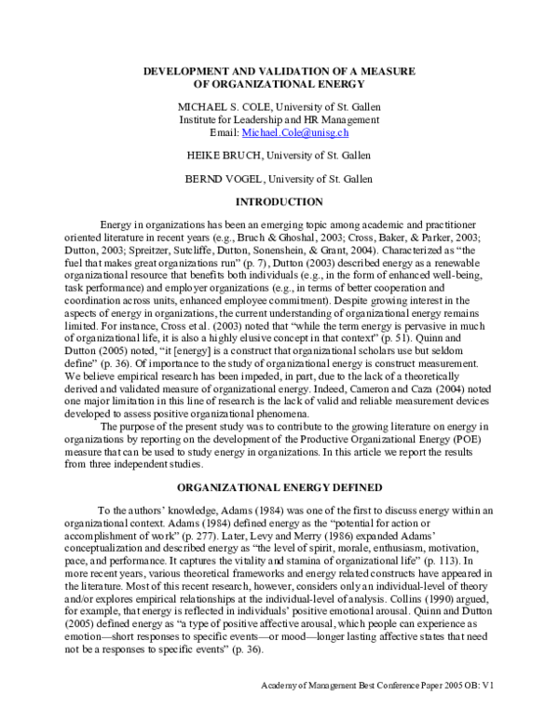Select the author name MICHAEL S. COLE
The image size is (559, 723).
coord(227,107)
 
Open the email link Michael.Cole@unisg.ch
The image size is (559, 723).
coord(296,133)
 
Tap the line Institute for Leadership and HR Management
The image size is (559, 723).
coord(279,120)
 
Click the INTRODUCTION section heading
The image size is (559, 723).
coord(279,202)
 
